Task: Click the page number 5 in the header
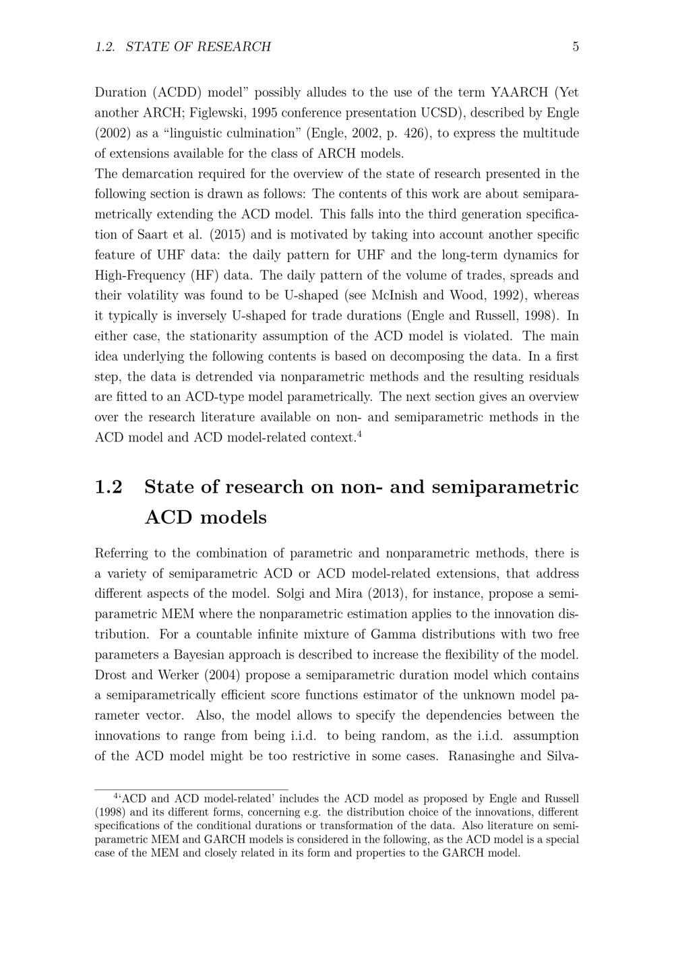click(x=576, y=47)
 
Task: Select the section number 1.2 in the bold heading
click(x=109, y=487)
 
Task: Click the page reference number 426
click(x=415, y=133)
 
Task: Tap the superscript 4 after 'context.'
click(x=360, y=433)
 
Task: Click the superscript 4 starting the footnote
click(x=117, y=796)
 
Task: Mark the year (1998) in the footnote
click(x=110, y=812)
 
